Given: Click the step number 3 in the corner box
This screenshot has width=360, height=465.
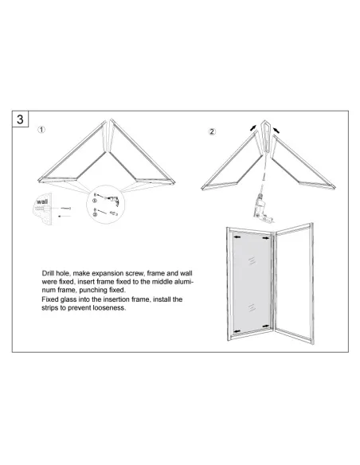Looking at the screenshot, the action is click(20, 119).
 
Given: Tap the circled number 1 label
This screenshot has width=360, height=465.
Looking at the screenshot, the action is click(41, 130).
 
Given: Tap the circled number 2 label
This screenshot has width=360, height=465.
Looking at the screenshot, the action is click(212, 131).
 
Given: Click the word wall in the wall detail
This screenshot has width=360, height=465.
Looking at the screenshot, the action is click(41, 201).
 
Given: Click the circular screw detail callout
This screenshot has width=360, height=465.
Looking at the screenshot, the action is click(106, 205).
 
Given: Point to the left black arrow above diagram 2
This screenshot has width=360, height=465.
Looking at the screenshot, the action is click(253, 128).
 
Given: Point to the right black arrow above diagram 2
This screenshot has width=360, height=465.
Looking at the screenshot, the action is click(276, 130).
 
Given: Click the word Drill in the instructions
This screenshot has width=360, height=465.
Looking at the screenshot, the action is click(48, 273).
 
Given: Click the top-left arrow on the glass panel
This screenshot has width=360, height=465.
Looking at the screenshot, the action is click(237, 237).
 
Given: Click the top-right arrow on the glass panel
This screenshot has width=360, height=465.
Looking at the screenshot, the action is click(266, 238).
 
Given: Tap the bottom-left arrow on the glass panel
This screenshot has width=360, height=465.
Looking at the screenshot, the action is click(237, 330).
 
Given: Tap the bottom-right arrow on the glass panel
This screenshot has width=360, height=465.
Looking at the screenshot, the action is click(266, 326).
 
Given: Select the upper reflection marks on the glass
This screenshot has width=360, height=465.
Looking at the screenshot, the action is click(252, 260).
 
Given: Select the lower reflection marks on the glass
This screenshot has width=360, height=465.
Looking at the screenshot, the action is click(252, 308).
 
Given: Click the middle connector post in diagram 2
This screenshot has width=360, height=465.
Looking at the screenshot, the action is click(266, 137).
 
